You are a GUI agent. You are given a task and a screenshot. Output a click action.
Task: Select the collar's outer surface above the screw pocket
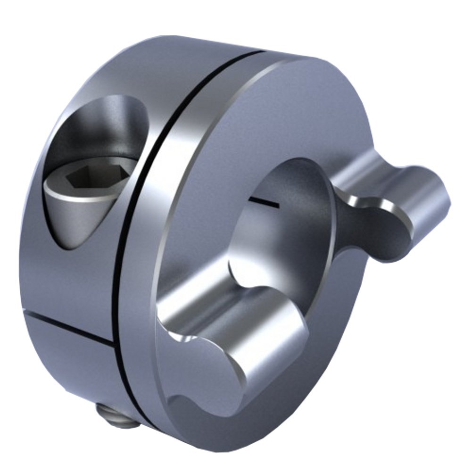pos(123,66)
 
